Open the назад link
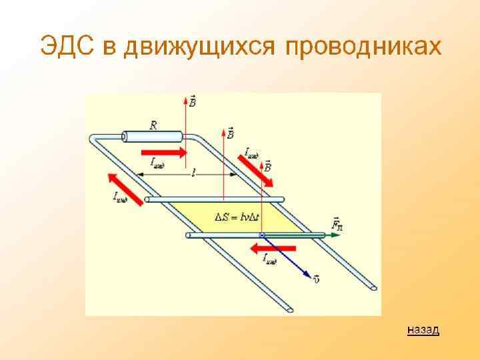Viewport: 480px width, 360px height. click(423, 329)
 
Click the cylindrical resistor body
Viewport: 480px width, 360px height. click(154, 137)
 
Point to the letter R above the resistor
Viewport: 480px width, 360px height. click(154, 125)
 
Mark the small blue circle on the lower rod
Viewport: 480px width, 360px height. click(262, 235)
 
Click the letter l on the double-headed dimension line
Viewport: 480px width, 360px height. click(193, 173)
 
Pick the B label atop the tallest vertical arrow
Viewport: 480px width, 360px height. click(192, 101)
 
